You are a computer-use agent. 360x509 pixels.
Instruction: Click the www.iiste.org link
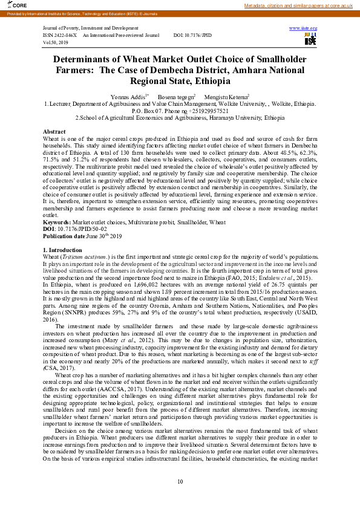[x=303, y=28]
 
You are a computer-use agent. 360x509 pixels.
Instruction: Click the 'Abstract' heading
[x=54, y=132]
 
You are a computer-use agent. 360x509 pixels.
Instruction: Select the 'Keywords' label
[x=56, y=222]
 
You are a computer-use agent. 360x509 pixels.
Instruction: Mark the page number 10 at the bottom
[x=180, y=481]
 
